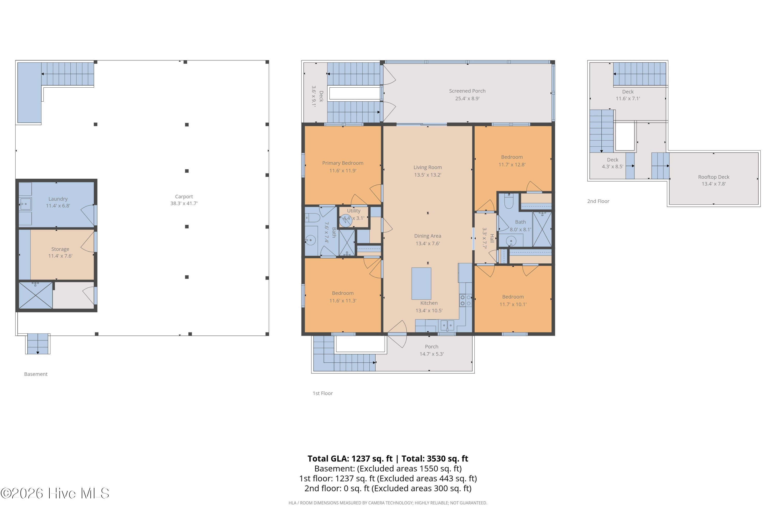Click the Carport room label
184,196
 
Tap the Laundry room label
58,199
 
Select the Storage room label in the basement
60,249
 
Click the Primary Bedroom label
342,163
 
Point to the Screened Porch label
467,91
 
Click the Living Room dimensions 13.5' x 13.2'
428,175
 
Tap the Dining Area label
428,236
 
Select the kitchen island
421,284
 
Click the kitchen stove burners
465,300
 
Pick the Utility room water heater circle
345,221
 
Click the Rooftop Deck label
714,177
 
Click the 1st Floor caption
323,393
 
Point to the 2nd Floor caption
598,201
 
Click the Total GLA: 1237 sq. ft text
350,459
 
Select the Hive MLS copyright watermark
55,493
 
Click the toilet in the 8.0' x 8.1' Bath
509,201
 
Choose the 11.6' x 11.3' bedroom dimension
343,301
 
